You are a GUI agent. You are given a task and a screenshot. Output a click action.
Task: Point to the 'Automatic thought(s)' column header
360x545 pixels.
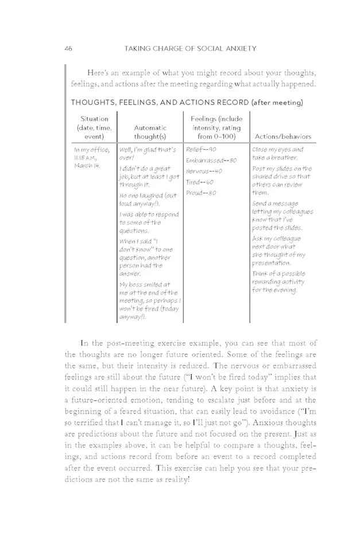pos(150,132)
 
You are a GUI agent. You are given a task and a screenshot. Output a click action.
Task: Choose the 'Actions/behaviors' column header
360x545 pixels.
pos(281,137)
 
